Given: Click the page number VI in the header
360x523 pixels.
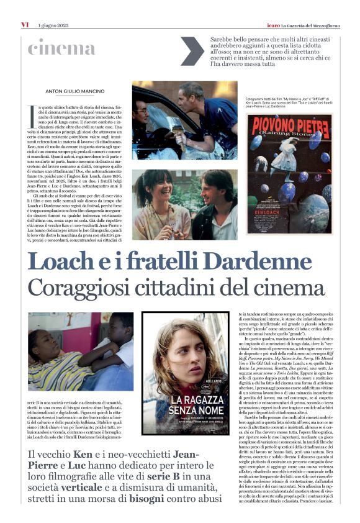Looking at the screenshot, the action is [25, 24].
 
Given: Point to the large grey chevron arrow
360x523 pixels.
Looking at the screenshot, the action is [191, 51].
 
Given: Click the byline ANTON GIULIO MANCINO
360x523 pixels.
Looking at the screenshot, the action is [75, 92].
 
